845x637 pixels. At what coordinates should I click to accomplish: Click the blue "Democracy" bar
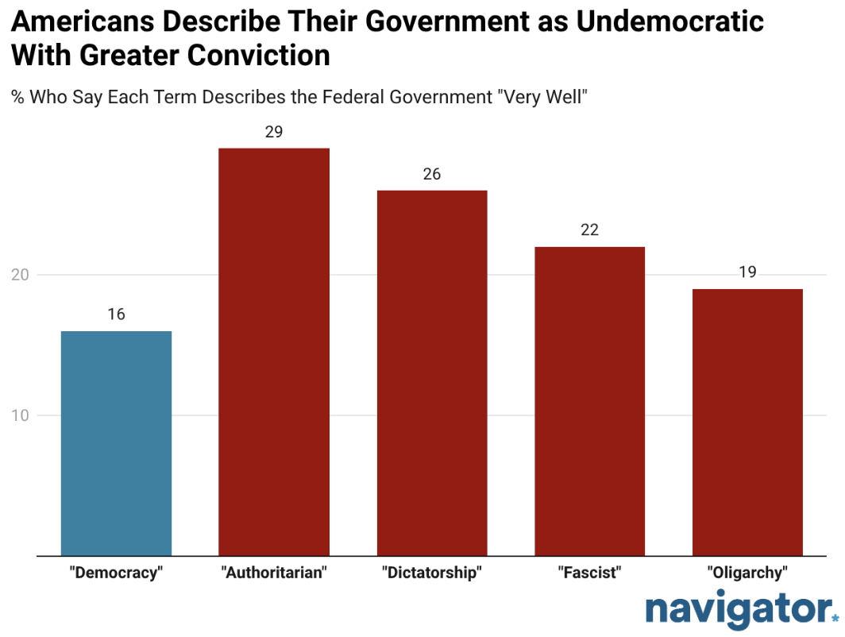pyautogui.click(x=116, y=443)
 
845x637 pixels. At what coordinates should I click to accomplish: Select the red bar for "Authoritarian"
pyautogui.click(x=274, y=352)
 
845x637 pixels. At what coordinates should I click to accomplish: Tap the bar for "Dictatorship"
pyautogui.click(x=432, y=373)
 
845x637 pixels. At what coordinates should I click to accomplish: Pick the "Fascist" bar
pyautogui.click(x=589, y=401)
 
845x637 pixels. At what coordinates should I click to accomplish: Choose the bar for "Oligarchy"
pyautogui.click(x=747, y=423)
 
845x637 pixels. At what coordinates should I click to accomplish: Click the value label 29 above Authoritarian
pyautogui.click(x=274, y=132)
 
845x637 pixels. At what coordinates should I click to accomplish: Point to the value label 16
pyautogui.click(x=116, y=315)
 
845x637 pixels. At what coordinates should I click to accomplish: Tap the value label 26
pyautogui.click(x=432, y=174)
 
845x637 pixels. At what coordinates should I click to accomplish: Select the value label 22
pyautogui.click(x=589, y=230)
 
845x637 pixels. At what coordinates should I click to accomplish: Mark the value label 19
pyautogui.click(x=747, y=272)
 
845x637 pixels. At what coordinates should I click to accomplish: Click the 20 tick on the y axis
pyautogui.click(x=21, y=275)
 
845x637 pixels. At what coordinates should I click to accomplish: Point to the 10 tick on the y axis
pyautogui.click(x=21, y=415)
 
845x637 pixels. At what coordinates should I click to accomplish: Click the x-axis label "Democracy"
pyautogui.click(x=116, y=573)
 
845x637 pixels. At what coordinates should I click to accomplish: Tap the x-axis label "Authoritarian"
pyautogui.click(x=274, y=573)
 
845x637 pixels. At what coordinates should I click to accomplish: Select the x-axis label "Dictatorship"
pyautogui.click(x=432, y=573)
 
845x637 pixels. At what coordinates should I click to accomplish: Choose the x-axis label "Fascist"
pyautogui.click(x=589, y=573)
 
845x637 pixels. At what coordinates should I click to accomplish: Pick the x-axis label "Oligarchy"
pyautogui.click(x=747, y=573)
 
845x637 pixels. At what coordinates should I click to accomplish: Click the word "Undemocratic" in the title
pyautogui.click(x=669, y=21)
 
